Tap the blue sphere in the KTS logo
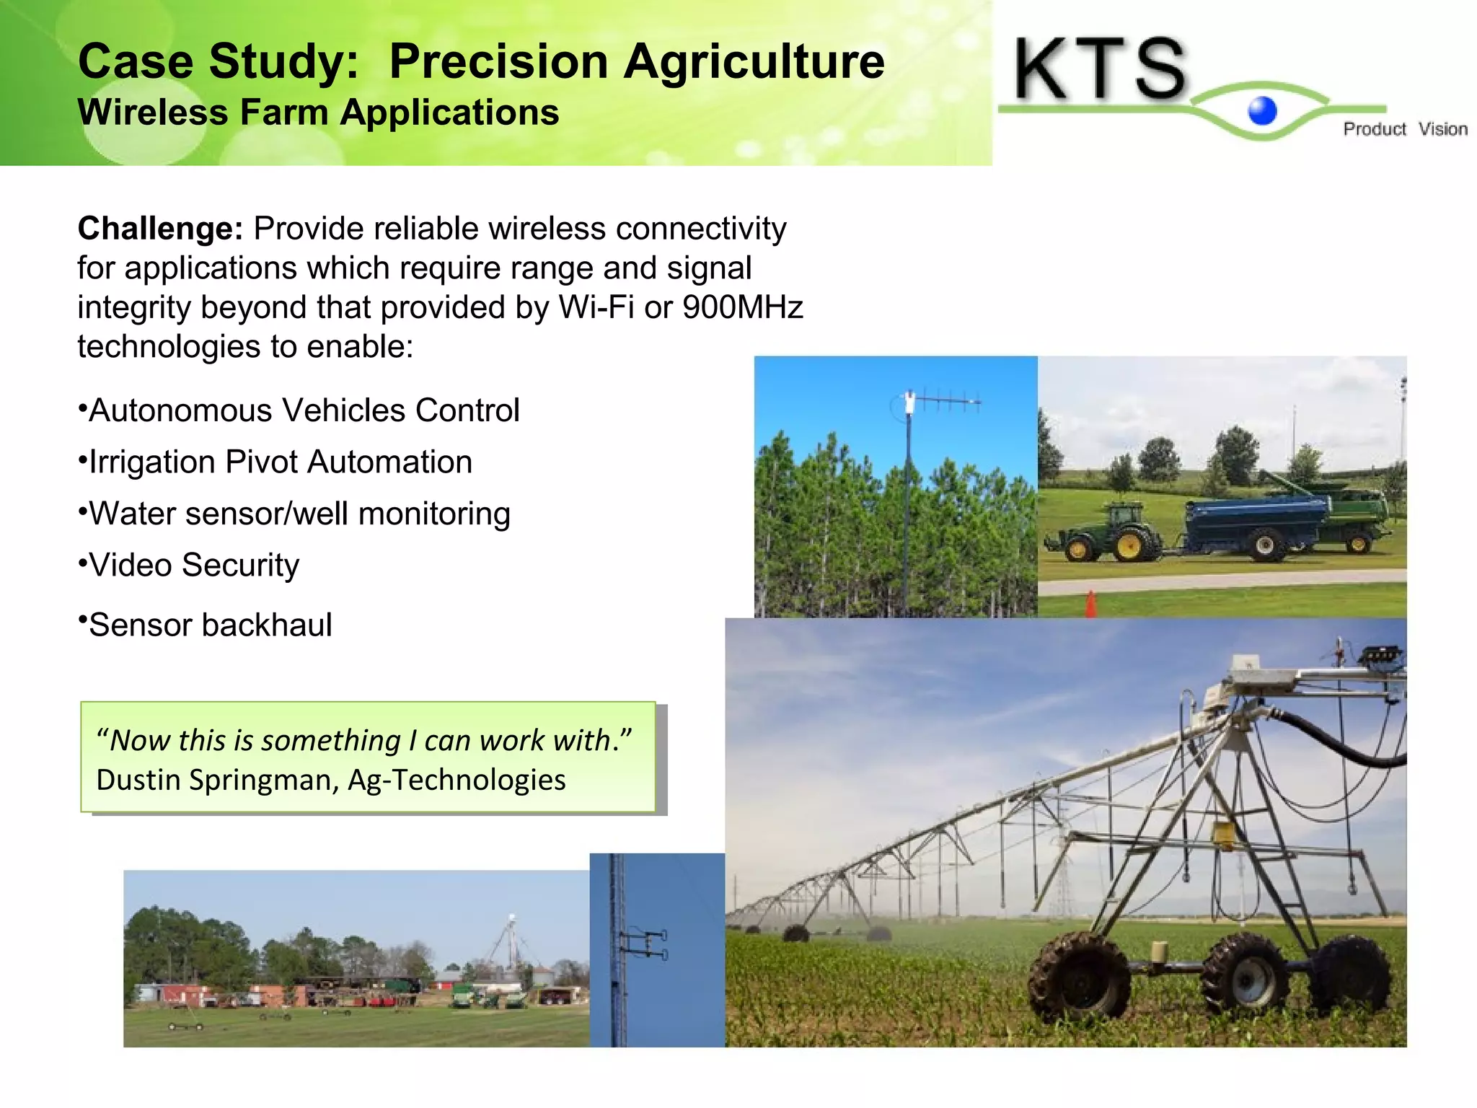pos(1262,111)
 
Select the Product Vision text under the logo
pos(1404,129)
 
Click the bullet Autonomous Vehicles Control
pos(304,410)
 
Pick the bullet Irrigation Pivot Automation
pos(280,462)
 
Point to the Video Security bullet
pos(193,565)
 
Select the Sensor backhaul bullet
pos(210,625)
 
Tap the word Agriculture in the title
pos(754,62)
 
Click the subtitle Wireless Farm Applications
pos(318,113)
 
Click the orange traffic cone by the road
pos(1090,604)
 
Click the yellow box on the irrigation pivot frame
pos(1223,833)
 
